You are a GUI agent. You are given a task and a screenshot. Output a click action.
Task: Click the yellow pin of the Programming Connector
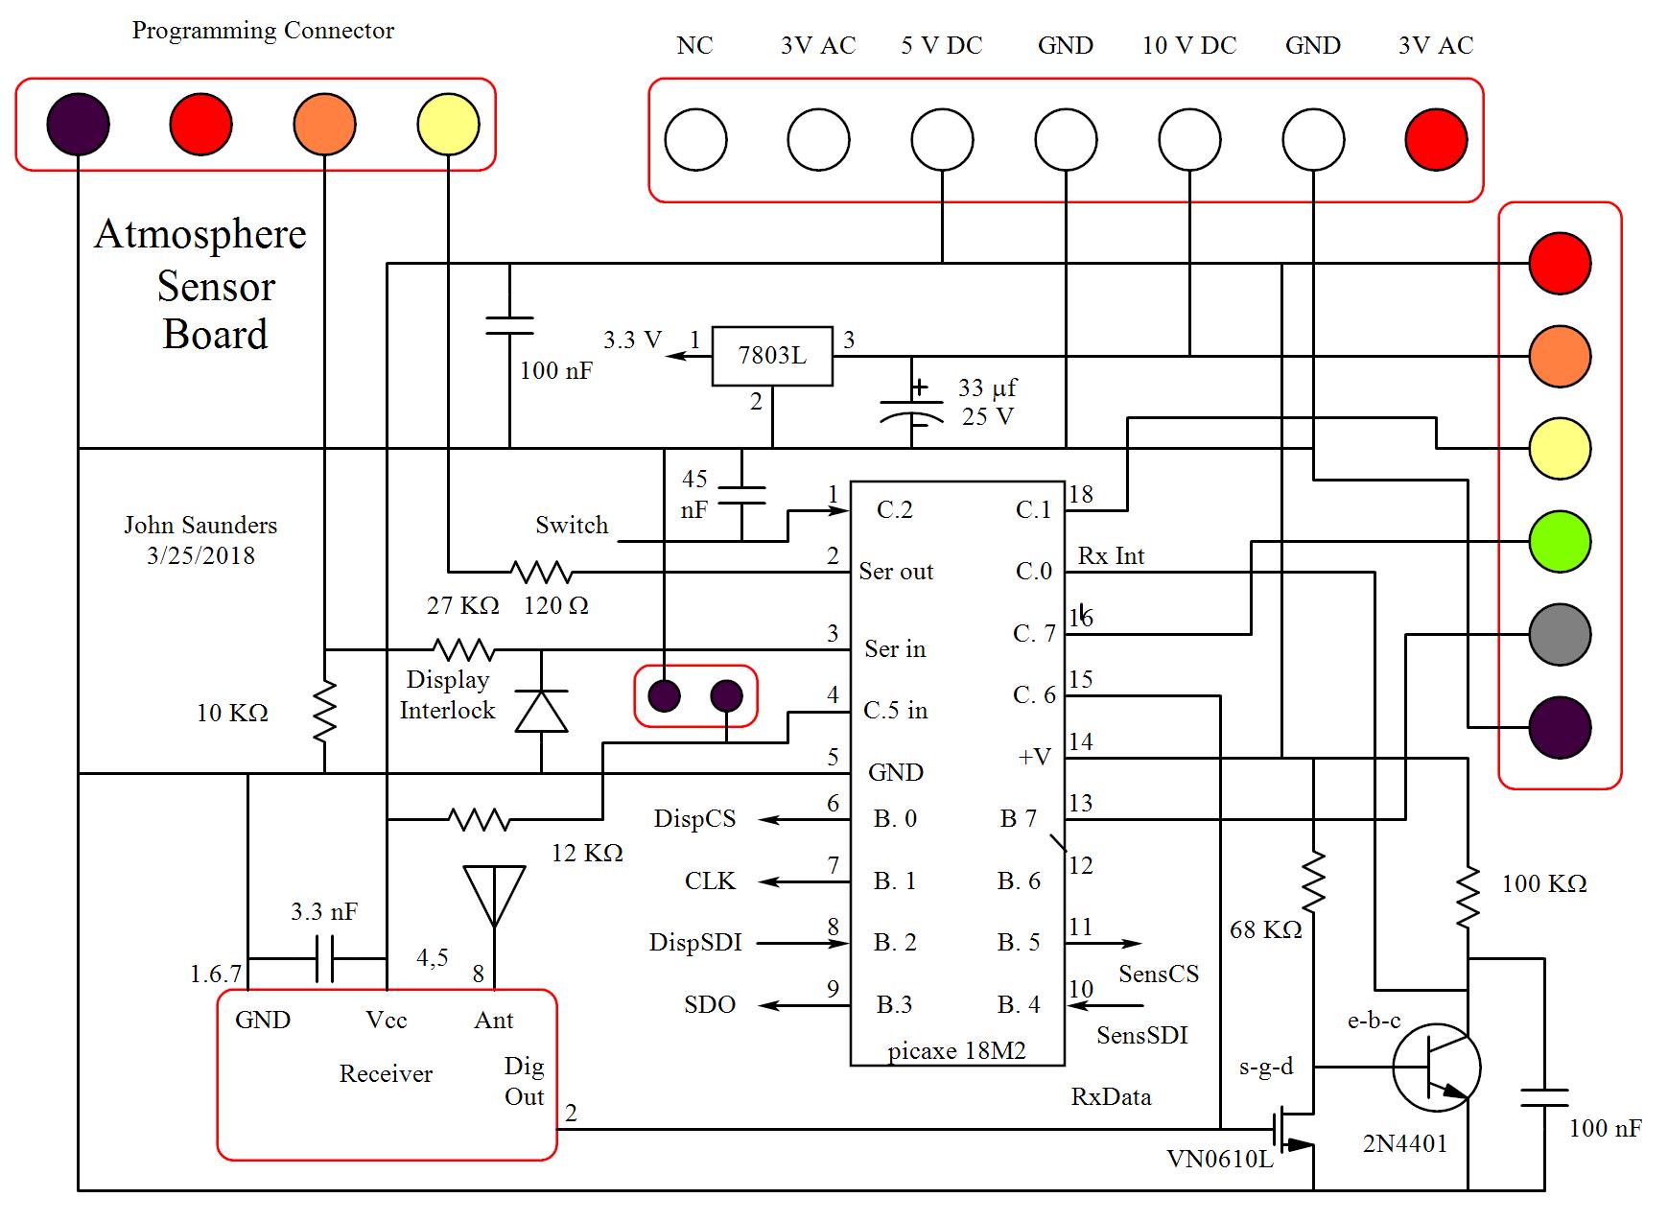(x=448, y=124)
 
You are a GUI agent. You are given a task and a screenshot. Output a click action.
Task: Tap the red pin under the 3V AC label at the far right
(x=1436, y=139)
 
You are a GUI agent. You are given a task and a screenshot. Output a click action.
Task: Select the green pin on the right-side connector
(x=1560, y=541)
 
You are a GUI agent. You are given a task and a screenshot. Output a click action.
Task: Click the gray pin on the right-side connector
(x=1560, y=634)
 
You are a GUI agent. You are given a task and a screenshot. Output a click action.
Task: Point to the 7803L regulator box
(x=771, y=356)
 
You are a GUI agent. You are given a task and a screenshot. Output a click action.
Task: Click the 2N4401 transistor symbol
(x=1436, y=1068)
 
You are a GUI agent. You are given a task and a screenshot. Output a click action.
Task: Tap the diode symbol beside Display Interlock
(x=541, y=711)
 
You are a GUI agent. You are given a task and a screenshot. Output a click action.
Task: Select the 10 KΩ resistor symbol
(x=325, y=711)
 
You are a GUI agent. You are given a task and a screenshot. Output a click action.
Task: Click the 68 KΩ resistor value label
(x=1265, y=929)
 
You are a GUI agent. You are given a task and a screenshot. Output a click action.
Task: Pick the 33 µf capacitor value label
(x=987, y=387)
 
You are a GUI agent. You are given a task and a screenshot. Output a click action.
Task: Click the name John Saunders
(x=200, y=525)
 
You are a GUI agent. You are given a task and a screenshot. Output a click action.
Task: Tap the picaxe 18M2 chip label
(x=956, y=1051)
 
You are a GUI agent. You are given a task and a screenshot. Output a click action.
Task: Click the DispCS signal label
(x=694, y=818)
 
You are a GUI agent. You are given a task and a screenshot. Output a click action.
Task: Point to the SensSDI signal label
(x=1141, y=1035)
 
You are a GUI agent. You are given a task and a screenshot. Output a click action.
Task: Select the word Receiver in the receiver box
(x=386, y=1073)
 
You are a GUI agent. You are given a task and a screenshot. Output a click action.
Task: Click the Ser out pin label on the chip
(x=896, y=572)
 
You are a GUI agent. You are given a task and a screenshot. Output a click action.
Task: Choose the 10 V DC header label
(x=1189, y=45)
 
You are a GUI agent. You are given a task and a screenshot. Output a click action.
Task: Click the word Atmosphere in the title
(x=200, y=235)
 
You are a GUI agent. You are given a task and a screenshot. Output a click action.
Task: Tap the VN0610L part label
(x=1219, y=1159)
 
